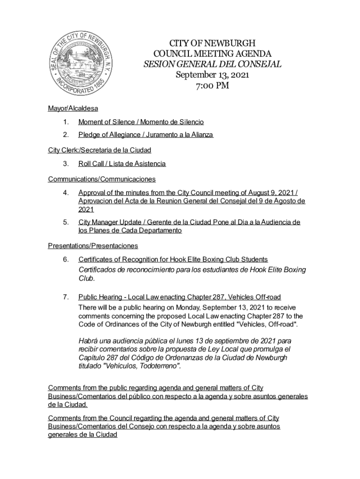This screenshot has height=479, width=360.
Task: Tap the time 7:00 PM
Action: tap(212, 86)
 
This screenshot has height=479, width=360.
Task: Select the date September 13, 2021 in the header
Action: tap(212, 75)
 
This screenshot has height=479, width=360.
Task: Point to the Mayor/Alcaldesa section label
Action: tap(73, 109)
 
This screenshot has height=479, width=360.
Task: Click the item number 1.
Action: tap(66, 122)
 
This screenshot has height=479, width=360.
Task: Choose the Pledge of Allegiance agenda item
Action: tap(145, 135)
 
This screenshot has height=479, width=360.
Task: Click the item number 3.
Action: tap(66, 164)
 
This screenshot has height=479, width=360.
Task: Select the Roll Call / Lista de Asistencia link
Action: tap(122, 164)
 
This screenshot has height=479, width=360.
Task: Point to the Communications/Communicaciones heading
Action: tap(101, 179)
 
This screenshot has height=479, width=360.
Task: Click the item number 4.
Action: tap(66, 192)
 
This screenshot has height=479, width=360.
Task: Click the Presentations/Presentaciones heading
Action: tap(93, 246)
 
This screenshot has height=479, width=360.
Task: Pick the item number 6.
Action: tap(66, 259)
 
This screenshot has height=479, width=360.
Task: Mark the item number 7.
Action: tap(66, 297)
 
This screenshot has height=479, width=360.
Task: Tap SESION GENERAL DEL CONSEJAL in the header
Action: tap(212, 64)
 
